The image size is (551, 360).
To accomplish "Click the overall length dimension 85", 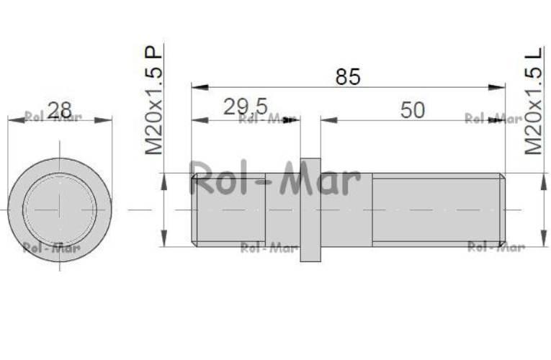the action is click(x=348, y=77).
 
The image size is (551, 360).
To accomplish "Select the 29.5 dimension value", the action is click(x=246, y=107).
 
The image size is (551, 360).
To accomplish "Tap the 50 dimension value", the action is click(x=413, y=110).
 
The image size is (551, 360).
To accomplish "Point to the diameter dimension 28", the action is click(x=59, y=110).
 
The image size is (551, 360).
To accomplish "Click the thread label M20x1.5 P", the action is click(x=154, y=100).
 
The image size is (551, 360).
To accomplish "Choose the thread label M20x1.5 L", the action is click(x=534, y=100).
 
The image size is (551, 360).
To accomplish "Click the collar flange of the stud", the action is click(x=310, y=210).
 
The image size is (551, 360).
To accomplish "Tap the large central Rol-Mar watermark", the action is click(x=275, y=179).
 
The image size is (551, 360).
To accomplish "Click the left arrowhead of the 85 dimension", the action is click(x=200, y=87).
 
